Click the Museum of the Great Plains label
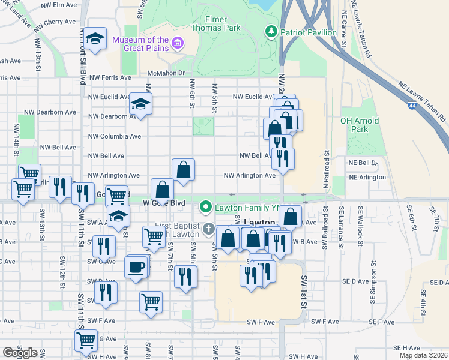[x=140, y=45]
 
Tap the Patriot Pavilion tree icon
[x=271, y=31]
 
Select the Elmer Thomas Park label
[x=215, y=23]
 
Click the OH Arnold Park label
[x=360, y=125]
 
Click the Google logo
[x=20, y=353]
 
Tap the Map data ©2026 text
[x=423, y=355]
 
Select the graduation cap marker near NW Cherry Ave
[x=95, y=39]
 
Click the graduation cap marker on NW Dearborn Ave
[x=140, y=104]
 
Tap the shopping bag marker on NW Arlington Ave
[x=184, y=170]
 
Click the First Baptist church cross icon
[x=208, y=228]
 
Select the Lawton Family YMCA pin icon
[x=206, y=208]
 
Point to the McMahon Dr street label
[x=165, y=74]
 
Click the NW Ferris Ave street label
[x=109, y=77]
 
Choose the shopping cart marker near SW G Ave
[x=86, y=340]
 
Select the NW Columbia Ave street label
[x=114, y=136]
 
